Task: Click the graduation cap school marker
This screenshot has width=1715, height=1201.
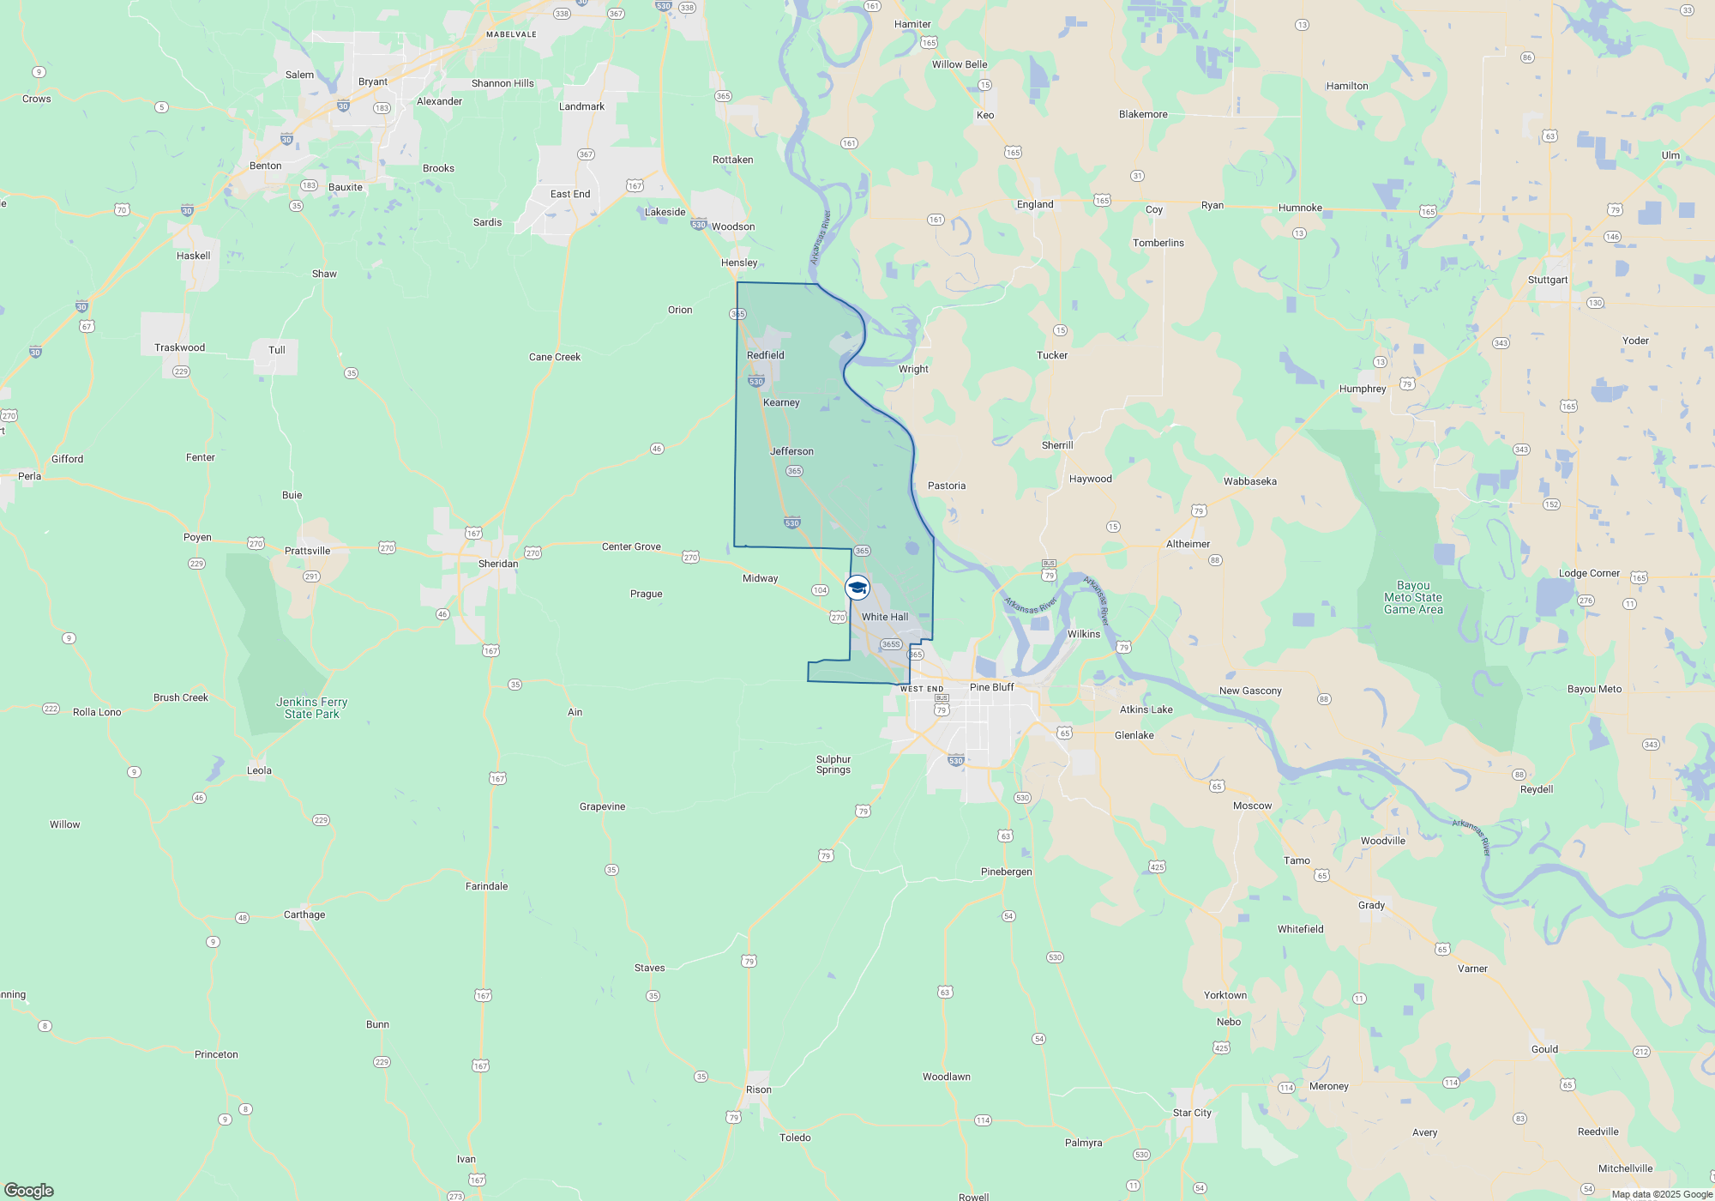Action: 857,588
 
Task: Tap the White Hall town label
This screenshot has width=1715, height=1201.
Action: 885,617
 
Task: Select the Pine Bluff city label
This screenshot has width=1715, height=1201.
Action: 991,687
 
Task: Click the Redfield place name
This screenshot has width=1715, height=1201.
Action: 765,355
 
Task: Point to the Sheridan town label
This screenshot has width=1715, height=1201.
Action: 498,564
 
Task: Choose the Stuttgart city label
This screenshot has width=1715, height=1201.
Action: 1547,280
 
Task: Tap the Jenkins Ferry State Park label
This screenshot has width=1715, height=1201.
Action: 311,708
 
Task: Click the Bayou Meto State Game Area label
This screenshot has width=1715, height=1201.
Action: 1413,598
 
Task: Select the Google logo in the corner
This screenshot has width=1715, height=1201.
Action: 28,1190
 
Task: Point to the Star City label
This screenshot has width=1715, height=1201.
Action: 1192,1113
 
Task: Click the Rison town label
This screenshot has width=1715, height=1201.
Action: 758,1089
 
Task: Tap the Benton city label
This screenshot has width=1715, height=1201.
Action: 265,166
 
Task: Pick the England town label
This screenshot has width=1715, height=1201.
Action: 1035,204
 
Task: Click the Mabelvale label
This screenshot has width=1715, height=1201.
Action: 511,34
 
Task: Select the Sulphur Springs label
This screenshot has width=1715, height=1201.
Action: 833,764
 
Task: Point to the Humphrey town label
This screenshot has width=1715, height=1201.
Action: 1363,389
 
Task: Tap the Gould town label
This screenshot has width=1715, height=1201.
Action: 1544,1049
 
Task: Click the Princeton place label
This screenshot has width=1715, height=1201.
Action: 216,1054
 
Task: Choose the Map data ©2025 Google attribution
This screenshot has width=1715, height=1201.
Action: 1661,1194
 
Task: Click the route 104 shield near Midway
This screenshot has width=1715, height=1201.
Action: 820,590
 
